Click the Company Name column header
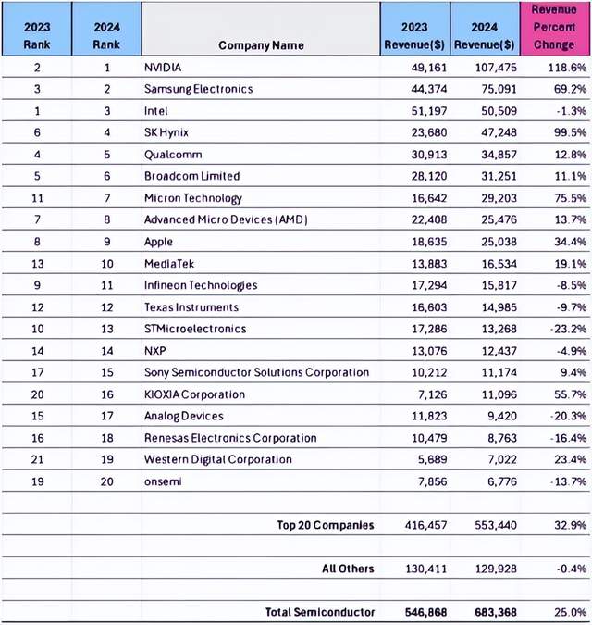point(261,45)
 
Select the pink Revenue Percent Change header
point(554,27)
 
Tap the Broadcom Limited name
point(191,176)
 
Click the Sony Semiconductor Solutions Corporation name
point(256,372)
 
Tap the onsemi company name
point(165,481)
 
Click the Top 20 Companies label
point(326,525)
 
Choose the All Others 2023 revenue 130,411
point(417,569)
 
